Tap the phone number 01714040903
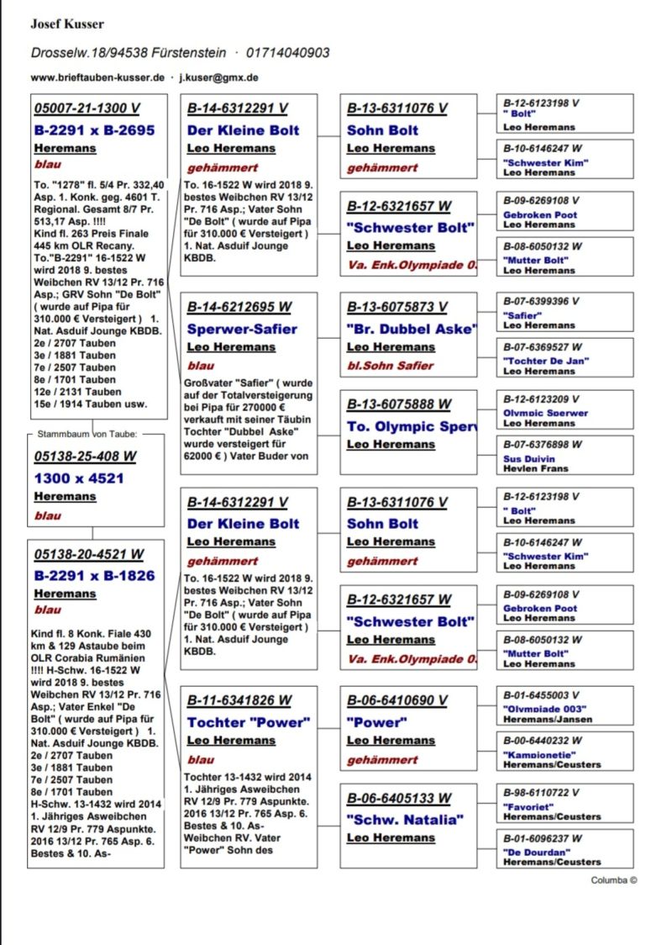click(x=287, y=53)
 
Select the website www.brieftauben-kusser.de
click(x=97, y=77)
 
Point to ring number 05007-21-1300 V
click(x=87, y=109)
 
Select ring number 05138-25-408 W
click(x=85, y=457)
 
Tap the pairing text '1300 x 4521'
click(x=79, y=478)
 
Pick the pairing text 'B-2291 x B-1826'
click(x=94, y=577)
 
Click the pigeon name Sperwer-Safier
click(x=242, y=329)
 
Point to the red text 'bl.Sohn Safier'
click(x=391, y=366)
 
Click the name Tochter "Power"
click(x=249, y=722)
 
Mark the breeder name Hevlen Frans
click(x=535, y=468)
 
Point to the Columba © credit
click(x=614, y=880)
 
